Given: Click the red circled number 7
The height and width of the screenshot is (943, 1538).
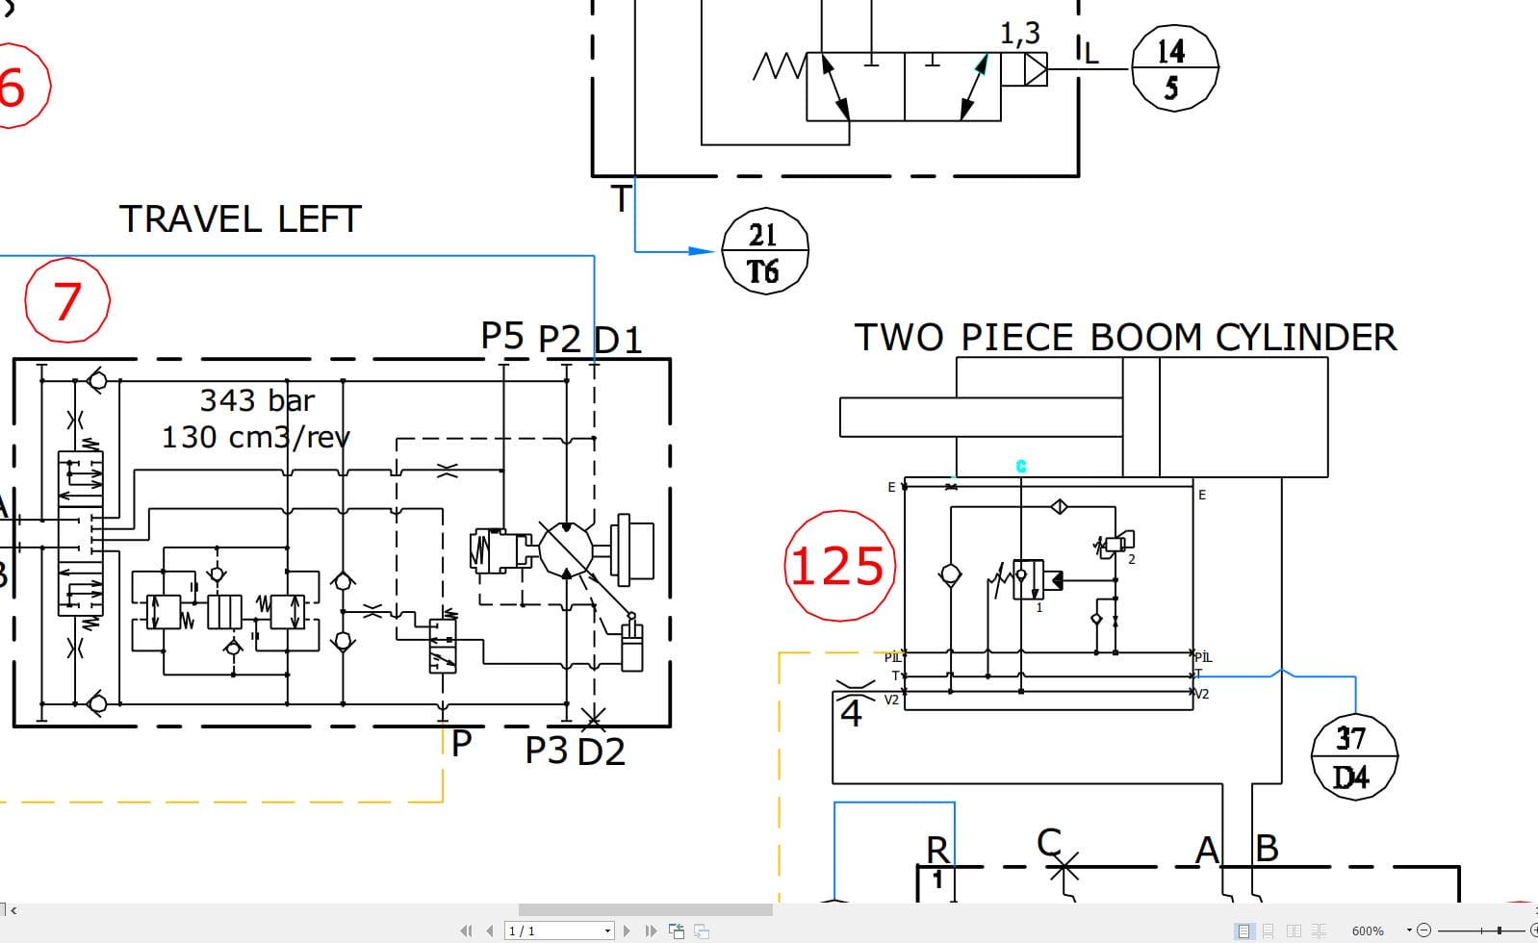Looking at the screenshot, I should pyautogui.click(x=67, y=301).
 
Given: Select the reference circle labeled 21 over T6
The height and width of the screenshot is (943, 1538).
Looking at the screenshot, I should pyautogui.click(x=764, y=252).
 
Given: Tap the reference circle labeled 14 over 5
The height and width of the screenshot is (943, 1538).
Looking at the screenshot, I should pyautogui.click(x=1173, y=68).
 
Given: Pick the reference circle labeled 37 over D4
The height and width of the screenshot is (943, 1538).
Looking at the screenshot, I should pyautogui.click(x=1353, y=757).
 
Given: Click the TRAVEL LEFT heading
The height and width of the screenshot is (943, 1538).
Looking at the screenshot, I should pyautogui.click(x=240, y=219).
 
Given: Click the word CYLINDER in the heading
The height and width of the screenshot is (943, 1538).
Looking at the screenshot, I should pyautogui.click(x=1305, y=338).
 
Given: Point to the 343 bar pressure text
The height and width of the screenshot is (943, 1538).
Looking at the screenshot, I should pyautogui.click(x=257, y=400).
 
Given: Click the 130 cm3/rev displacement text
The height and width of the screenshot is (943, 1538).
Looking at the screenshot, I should pyautogui.click(x=255, y=437).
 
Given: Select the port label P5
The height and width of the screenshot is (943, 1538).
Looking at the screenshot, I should pyautogui.click(x=502, y=336).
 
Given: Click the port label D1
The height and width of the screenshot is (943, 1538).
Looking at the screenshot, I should pyautogui.click(x=618, y=341).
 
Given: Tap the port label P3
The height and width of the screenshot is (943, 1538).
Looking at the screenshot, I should pyautogui.click(x=546, y=751).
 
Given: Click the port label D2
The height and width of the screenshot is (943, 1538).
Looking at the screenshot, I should pyautogui.click(x=602, y=752).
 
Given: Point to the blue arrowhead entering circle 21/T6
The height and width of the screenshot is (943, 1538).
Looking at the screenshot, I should pyautogui.click(x=703, y=251).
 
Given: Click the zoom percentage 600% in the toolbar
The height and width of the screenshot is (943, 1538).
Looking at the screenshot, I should pyautogui.click(x=1367, y=930).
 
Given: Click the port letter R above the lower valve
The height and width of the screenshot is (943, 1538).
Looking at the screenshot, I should pyautogui.click(x=936, y=850).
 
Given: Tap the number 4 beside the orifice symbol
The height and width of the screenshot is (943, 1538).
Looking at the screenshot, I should pyautogui.click(x=852, y=714).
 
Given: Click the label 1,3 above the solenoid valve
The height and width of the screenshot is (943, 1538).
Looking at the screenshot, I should pyautogui.click(x=1020, y=34).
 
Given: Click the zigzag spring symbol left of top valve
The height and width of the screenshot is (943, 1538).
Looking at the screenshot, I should pyautogui.click(x=779, y=66).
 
